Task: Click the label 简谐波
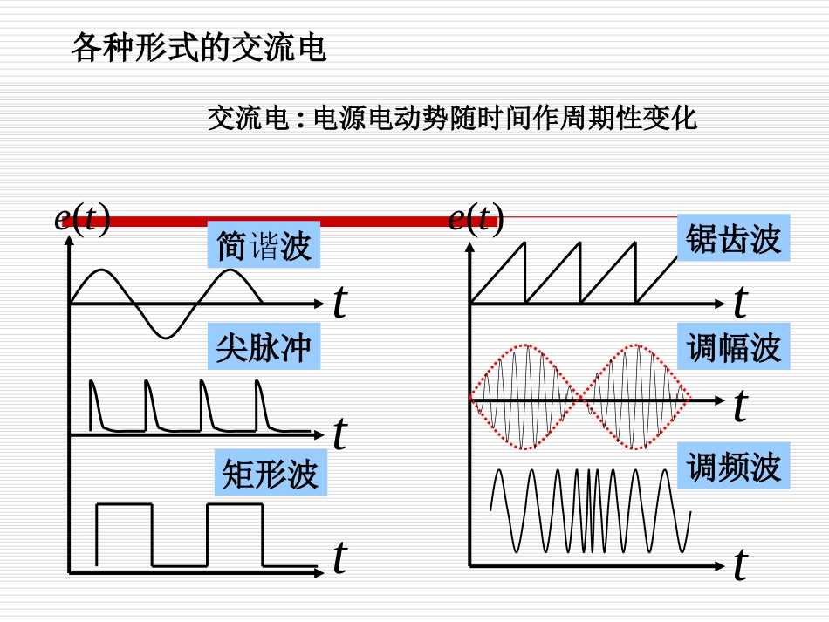[x=264, y=246]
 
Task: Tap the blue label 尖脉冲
[x=264, y=348]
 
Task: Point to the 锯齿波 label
[x=733, y=237]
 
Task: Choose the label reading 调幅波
[x=733, y=347]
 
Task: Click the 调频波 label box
[x=733, y=466]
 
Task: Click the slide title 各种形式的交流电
[x=198, y=49]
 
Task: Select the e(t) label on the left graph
[x=82, y=218]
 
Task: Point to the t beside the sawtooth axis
[x=740, y=303]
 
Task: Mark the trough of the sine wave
[x=166, y=337]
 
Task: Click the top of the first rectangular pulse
[x=124, y=504]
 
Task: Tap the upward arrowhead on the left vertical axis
[x=69, y=243]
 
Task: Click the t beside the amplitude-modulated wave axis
[x=740, y=407]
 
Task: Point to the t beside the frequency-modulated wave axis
[x=740, y=565]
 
